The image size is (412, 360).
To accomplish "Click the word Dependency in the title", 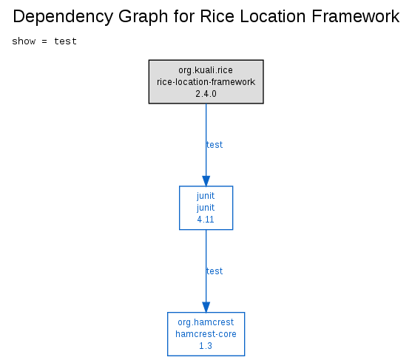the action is [x=63, y=17].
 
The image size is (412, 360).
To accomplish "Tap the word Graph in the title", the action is [x=143, y=17].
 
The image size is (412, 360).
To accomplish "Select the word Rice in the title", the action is [x=217, y=16].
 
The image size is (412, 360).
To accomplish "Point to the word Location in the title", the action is [x=273, y=16].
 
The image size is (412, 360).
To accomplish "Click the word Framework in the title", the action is [x=356, y=16].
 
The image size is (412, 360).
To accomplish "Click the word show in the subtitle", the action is [x=24, y=41].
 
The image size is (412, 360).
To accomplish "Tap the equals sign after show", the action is [x=44, y=41].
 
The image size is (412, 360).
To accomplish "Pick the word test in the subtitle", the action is [x=65, y=41].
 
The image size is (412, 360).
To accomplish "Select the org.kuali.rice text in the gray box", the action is [x=206, y=70].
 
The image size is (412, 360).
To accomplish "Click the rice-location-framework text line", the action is [x=206, y=82].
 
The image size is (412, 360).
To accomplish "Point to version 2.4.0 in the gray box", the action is [x=206, y=94].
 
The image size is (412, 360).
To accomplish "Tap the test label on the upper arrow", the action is [x=215, y=145].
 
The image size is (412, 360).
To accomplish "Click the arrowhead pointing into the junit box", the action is [x=206, y=181].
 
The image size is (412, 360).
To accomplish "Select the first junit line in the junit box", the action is [x=206, y=196].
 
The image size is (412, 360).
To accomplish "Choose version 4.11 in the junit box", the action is [x=206, y=220].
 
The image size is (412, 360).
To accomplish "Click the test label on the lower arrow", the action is [x=215, y=271].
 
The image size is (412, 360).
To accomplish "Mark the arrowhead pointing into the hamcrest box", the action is [x=206, y=308].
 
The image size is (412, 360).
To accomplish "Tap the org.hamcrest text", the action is [x=206, y=322].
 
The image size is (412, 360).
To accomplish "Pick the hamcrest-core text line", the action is [x=206, y=334].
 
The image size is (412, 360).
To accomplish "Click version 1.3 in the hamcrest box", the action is [x=206, y=346].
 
